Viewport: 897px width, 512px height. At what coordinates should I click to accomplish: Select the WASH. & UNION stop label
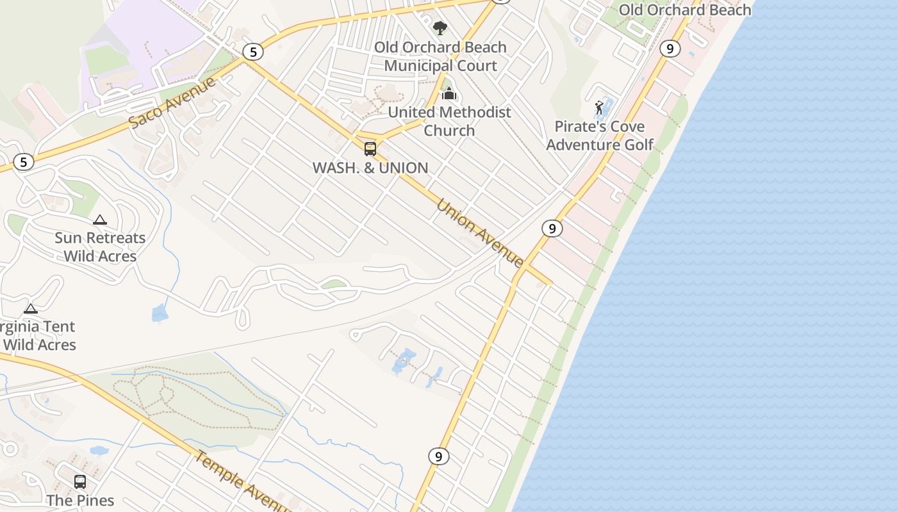tap(370, 168)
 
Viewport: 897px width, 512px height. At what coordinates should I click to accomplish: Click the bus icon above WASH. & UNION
tap(370, 149)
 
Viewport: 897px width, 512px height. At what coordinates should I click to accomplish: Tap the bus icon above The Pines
tap(80, 482)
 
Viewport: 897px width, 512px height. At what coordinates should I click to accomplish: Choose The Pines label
tap(80, 500)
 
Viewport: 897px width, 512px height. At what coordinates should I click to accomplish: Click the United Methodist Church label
tap(449, 121)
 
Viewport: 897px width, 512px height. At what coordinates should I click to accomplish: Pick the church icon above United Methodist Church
tap(449, 94)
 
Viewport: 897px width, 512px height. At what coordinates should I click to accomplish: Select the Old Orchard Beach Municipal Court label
tap(440, 56)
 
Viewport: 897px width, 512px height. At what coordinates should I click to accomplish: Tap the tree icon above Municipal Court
tap(440, 28)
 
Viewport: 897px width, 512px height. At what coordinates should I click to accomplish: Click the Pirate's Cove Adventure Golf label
tap(600, 136)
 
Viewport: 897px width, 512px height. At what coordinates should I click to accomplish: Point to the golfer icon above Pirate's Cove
tap(600, 108)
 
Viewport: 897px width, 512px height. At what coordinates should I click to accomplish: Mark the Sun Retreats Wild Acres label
tap(100, 247)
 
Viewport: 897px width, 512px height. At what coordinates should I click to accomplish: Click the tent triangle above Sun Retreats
tap(100, 220)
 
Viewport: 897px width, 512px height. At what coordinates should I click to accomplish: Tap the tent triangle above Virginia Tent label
tap(31, 308)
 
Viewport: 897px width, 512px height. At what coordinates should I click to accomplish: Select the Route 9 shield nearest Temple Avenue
tap(438, 456)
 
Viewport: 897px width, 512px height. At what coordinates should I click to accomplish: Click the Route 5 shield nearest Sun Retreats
tap(23, 162)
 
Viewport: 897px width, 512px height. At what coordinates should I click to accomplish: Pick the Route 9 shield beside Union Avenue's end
tap(552, 228)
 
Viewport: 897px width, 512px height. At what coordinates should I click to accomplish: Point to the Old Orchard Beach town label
tap(684, 10)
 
